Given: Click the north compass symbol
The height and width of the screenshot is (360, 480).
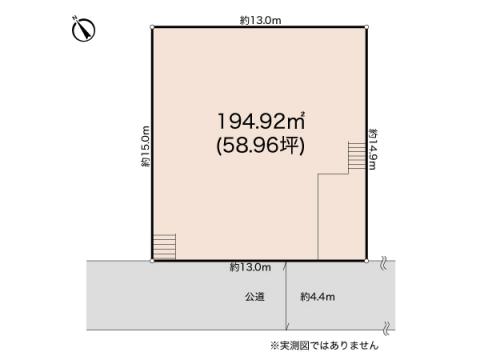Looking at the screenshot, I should click(83, 31).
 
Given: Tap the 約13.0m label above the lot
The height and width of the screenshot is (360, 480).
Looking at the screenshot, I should click(259, 19).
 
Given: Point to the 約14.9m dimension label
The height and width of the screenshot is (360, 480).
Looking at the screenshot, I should click(372, 149).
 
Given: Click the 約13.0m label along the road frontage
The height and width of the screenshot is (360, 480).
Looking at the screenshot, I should click(250, 268).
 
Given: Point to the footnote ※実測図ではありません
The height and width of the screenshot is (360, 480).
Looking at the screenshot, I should click(324, 345).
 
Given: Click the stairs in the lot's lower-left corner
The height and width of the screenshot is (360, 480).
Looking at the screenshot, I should click(165, 246).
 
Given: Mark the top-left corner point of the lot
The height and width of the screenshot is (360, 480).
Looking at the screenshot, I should click(152, 27).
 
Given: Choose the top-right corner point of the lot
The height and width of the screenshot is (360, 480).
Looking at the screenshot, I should click(367, 27).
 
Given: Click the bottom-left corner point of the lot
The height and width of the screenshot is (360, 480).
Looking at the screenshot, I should click(152, 260).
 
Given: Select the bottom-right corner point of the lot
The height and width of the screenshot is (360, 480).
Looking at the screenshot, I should click(367, 260).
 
